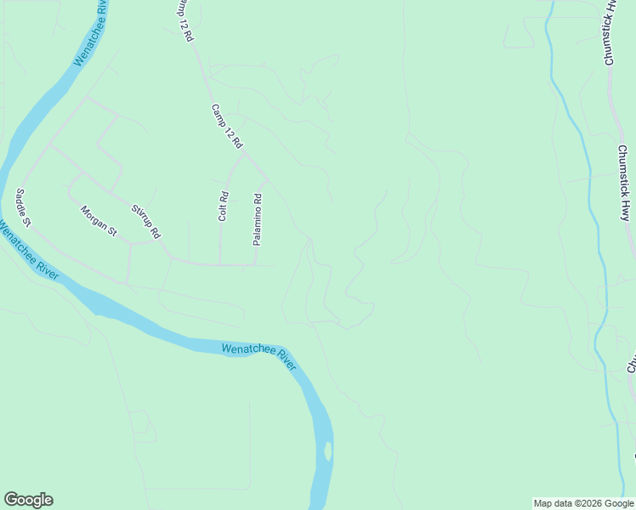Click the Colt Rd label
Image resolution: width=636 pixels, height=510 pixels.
pos(223,207)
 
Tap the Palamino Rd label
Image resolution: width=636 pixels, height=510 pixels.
pos(257,219)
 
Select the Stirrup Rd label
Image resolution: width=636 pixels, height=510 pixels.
pos(145,221)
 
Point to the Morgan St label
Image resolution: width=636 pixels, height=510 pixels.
pos(98,220)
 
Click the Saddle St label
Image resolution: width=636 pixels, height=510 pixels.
pos(22,208)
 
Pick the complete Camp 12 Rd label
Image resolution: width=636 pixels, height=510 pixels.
pos(227,127)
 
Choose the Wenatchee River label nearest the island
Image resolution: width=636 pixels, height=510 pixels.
pos(258,355)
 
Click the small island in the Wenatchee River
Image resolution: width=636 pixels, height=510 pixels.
pos(327,450)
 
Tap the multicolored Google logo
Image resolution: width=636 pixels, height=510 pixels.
pos(28,500)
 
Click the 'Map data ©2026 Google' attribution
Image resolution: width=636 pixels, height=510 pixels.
pos(583,503)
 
